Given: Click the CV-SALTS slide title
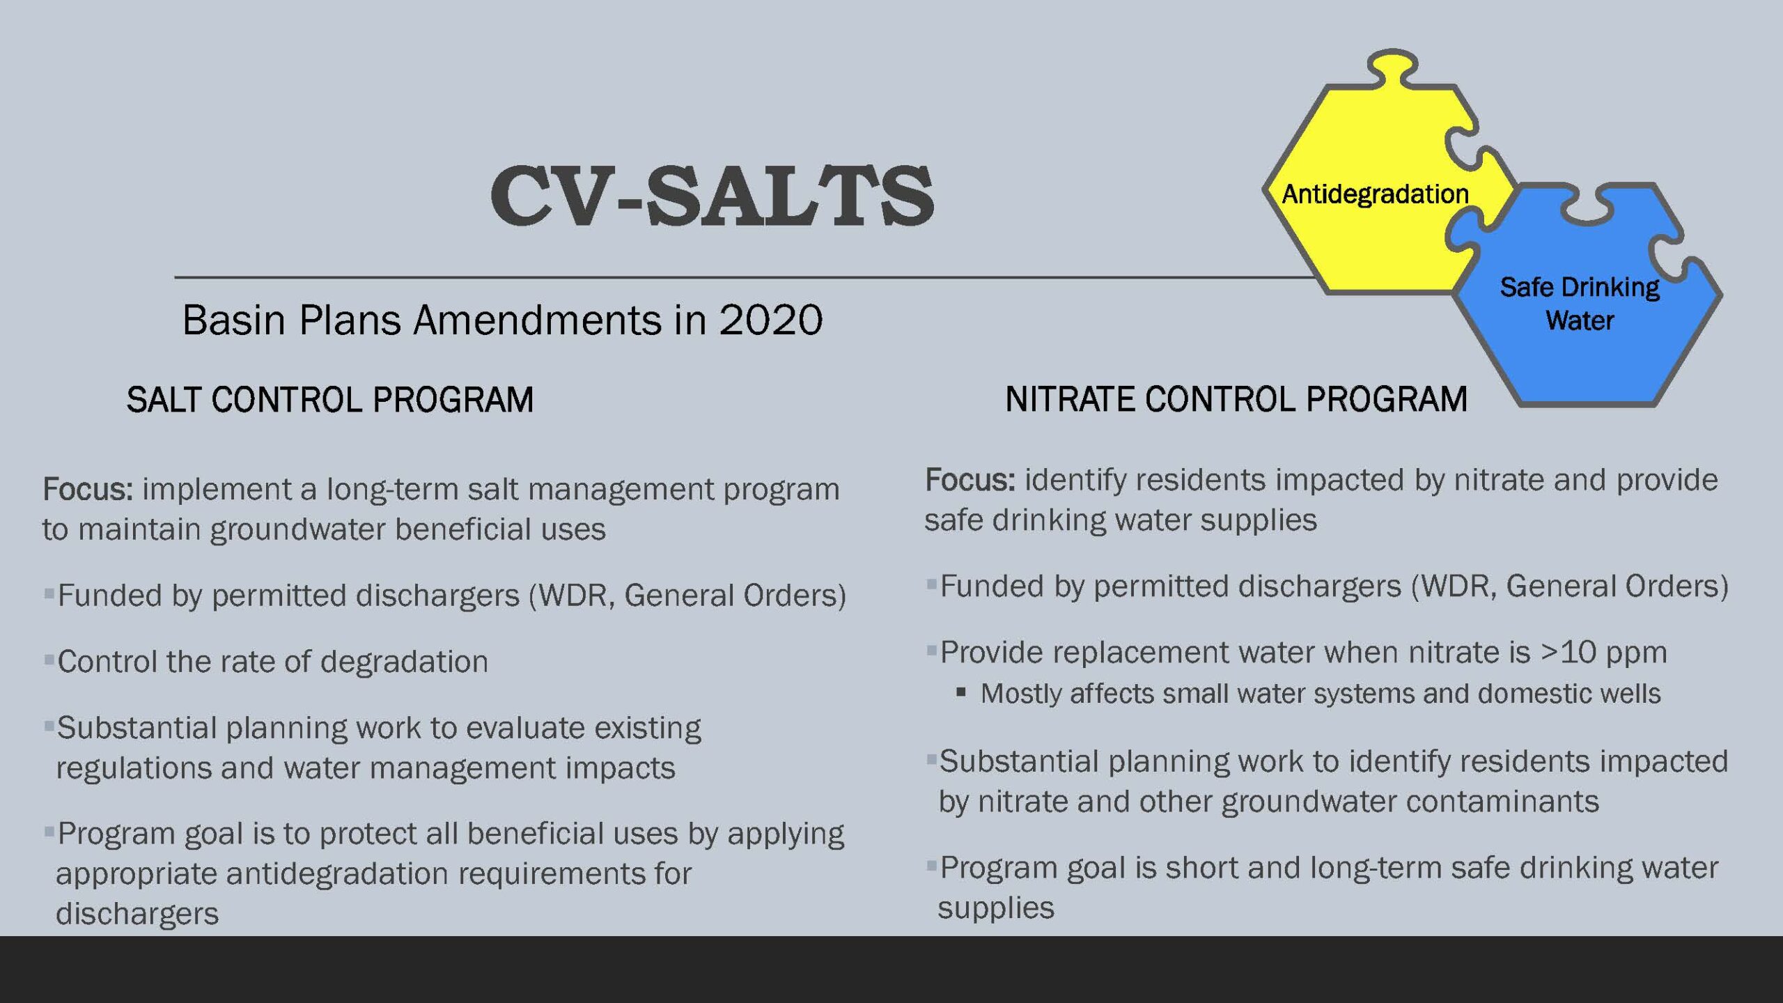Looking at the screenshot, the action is click(x=712, y=196).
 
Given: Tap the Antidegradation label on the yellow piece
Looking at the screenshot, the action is click(x=1376, y=194).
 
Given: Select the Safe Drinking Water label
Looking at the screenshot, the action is click(x=1580, y=304).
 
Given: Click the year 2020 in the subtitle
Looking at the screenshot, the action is click(x=771, y=320).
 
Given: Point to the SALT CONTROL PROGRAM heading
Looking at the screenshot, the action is click(x=330, y=400).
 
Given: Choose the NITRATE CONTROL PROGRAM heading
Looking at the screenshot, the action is click(x=1236, y=400).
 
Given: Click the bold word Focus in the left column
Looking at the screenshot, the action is click(x=88, y=489).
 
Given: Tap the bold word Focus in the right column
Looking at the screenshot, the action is click(x=970, y=480).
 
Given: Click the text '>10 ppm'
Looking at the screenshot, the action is click(x=1604, y=653).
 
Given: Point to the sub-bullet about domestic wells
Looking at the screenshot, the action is click(x=1321, y=694).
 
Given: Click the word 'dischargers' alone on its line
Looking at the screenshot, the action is click(x=137, y=913).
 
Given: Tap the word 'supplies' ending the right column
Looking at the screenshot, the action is click(x=996, y=908).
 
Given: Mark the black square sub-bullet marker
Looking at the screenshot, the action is click(x=961, y=692).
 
